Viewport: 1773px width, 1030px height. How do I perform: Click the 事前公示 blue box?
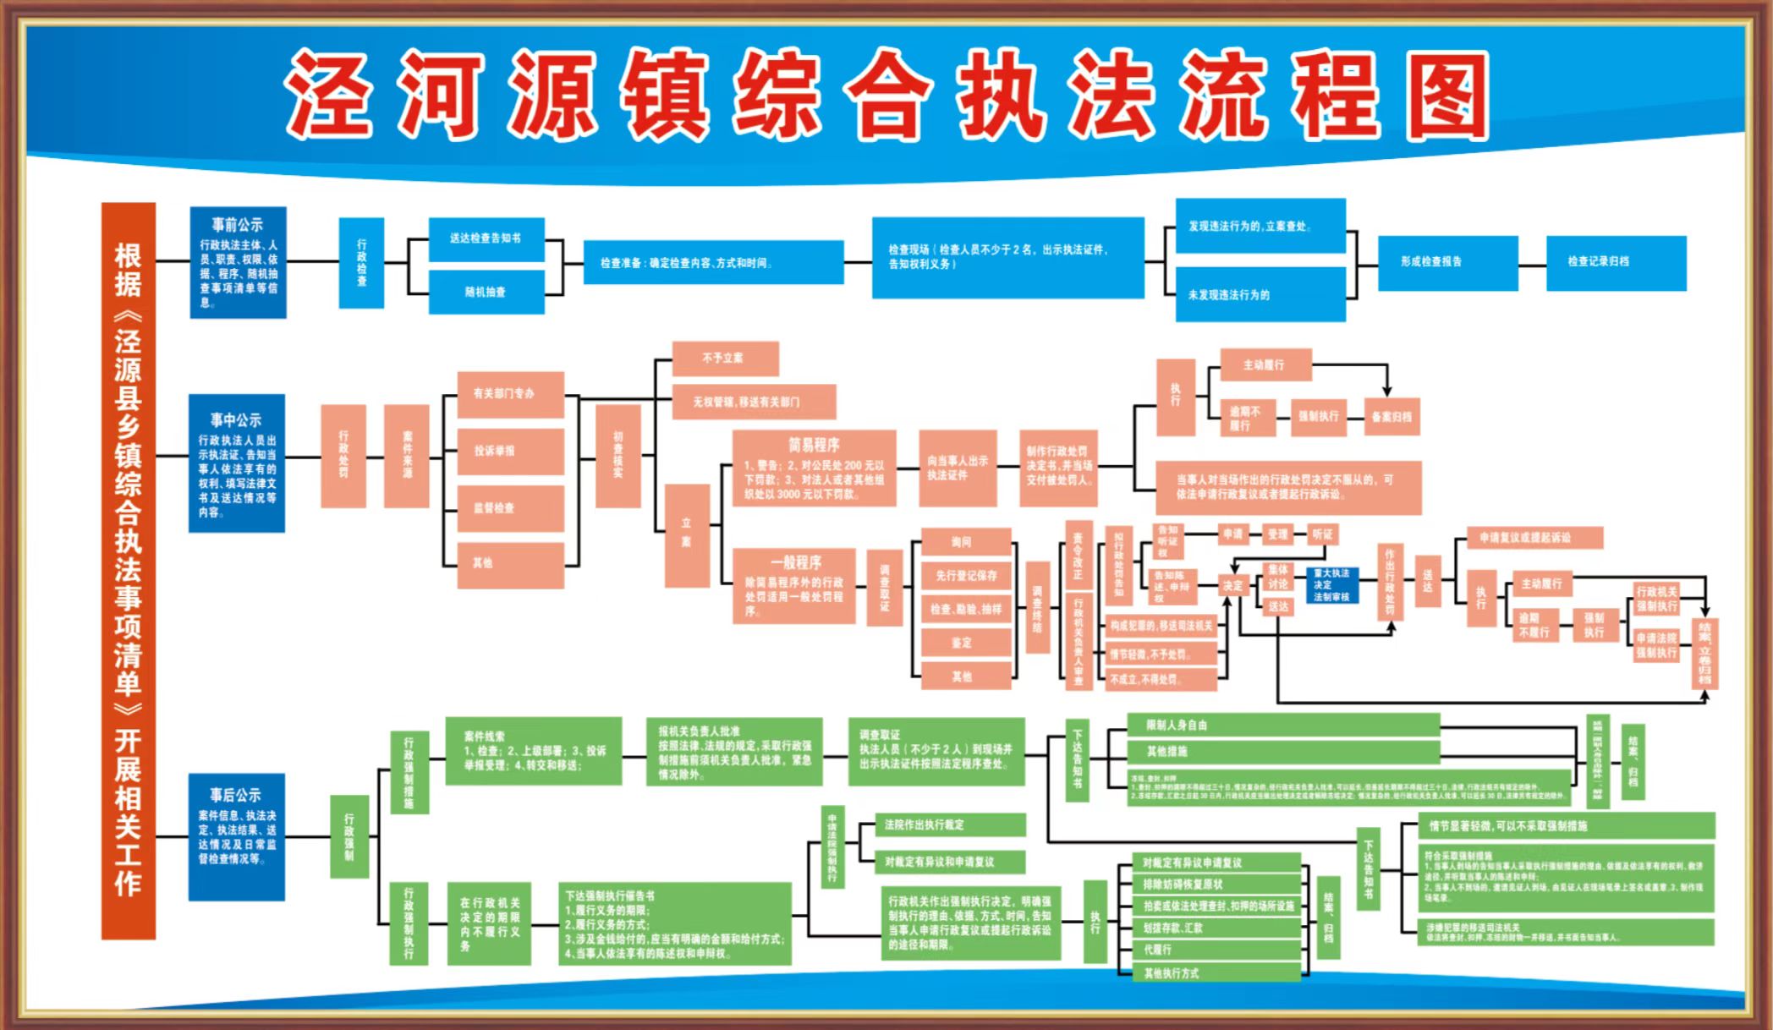pyautogui.click(x=238, y=261)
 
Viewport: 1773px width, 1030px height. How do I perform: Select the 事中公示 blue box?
pyautogui.click(x=236, y=463)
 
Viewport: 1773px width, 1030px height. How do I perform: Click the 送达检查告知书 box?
pyautogui.click(x=486, y=238)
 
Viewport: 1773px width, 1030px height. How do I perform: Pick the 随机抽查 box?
pyautogui.click(x=486, y=292)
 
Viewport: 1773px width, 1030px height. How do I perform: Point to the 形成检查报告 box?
pyautogui.click(x=1447, y=262)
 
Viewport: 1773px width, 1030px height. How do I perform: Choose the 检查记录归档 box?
pyautogui.click(x=1616, y=262)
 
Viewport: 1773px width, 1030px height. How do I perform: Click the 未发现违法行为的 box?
pyautogui.click(x=1260, y=295)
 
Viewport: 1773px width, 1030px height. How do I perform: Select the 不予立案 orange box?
pyautogui.click(x=724, y=358)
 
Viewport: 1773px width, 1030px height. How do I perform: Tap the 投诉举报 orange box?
pyautogui.click(x=510, y=451)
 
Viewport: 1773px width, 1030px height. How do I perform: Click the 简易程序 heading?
pyautogui.click(x=814, y=445)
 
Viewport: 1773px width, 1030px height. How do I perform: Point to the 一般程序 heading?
pyautogui.click(x=795, y=562)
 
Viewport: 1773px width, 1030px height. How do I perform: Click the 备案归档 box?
pyautogui.click(x=1392, y=417)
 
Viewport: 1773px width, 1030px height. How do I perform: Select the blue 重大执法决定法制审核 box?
pyautogui.click(x=1331, y=584)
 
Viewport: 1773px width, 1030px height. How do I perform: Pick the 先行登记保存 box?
pyautogui.click(x=966, y=576)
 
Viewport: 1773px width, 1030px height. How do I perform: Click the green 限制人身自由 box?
pyautogui.click(x=1282, y=725)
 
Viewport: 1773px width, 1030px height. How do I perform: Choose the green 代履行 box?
pyautogui.click(x=1216, y=950)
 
